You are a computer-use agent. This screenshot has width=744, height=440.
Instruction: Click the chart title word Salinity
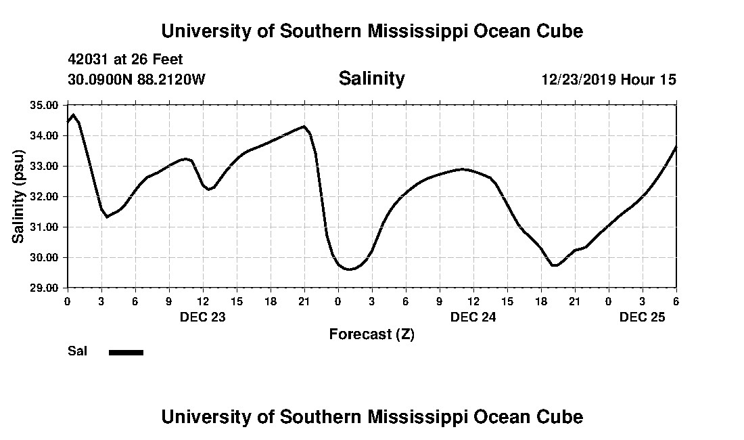click(371, 79)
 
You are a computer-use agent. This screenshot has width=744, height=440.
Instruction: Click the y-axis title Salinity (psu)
click(18, 196)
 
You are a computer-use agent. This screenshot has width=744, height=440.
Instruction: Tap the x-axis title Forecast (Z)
click(371, 334)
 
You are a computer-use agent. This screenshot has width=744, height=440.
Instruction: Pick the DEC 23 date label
click(202, 317)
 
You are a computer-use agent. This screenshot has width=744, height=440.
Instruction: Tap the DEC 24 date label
click(473, 317)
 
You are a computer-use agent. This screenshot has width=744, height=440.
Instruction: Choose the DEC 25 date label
click(642, 317)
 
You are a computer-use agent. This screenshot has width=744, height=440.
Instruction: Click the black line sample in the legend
click(126, 352)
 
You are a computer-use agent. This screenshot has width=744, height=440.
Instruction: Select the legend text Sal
click(76, 351)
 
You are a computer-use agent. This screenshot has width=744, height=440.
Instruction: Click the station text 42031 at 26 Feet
click(125, 60)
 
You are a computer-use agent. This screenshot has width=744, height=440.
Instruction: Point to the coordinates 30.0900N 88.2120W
click(136, 79)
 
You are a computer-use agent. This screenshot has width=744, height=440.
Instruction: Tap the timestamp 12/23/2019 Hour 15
click(608, 79)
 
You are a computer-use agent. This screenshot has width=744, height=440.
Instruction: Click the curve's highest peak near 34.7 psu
click(73, 114)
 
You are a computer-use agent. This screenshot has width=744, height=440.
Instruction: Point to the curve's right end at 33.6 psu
click(676, 147)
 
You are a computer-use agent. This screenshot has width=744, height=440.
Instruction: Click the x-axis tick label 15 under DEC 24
click(507, 301)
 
